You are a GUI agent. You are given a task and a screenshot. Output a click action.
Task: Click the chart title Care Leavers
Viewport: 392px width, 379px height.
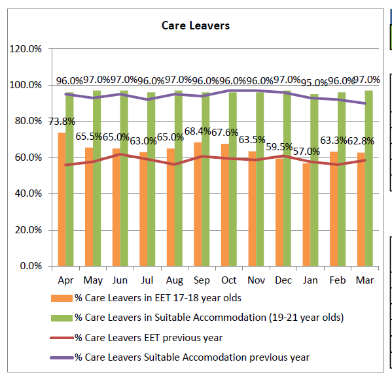[196, 25]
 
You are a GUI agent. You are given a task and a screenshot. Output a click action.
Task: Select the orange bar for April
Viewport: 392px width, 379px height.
[62, 199]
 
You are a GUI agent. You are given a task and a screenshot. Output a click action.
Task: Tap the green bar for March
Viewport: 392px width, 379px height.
[368, 178]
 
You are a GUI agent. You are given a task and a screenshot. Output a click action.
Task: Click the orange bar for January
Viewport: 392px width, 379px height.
[306, 215]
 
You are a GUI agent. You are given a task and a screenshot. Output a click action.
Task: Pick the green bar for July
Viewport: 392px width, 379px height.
[151, 179]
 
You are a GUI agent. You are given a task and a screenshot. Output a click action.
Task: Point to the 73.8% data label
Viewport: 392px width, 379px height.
[62, 122]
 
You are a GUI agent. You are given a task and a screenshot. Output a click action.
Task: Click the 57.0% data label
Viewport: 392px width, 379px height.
[306, 152]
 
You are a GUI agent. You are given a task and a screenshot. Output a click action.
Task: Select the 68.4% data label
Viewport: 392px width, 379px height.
[198, 131]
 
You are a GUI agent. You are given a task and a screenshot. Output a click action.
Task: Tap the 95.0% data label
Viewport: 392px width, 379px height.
[314, 82]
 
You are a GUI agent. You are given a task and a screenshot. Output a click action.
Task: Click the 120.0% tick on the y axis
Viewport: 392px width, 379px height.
[26, 49]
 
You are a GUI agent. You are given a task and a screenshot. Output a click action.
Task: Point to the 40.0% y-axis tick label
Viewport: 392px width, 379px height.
[28, 193]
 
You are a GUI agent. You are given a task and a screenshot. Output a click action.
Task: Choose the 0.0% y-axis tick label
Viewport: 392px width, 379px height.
[31, 266]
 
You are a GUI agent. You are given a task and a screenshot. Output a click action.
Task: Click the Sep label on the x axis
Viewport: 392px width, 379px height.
[202, 280]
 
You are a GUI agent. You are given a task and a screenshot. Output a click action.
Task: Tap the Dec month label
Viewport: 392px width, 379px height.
[283, 280]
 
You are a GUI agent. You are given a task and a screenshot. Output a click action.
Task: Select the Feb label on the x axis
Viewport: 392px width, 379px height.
[338, 280]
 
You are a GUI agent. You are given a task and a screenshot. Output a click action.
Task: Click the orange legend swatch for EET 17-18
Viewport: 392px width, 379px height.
[62, 298]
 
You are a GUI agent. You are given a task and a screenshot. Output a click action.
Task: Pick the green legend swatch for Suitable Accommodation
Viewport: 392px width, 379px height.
[62, 318]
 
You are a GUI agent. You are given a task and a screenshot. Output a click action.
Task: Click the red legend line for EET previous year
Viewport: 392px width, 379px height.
[62, 338]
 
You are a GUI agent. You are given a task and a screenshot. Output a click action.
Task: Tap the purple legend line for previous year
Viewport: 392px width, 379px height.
[62, 357]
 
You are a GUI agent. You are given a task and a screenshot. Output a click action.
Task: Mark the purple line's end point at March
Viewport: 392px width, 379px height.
[365, 103]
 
